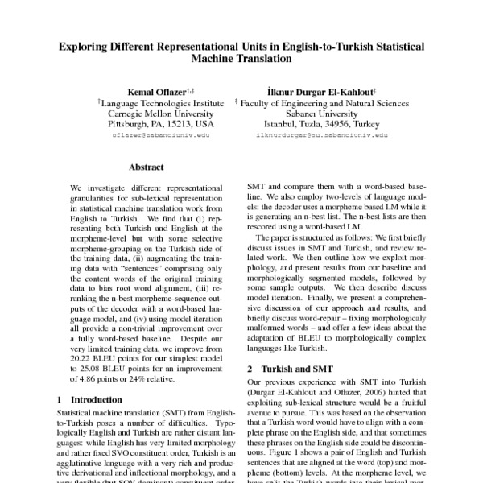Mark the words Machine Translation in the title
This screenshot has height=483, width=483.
point(242,59)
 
